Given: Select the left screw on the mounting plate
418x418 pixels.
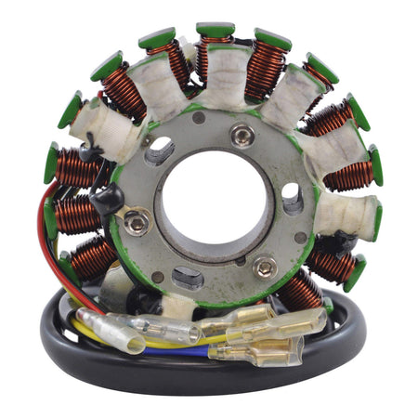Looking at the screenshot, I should pyautogui.click(x=137, y=222).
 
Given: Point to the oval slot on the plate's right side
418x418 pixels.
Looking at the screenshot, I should pyautogui.click(x=292, y=199).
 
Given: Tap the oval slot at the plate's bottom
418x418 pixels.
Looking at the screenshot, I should pyautogui.click(x=189, y=278).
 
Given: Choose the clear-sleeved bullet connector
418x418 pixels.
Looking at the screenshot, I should pyautogui.click(x=167, y=328).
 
